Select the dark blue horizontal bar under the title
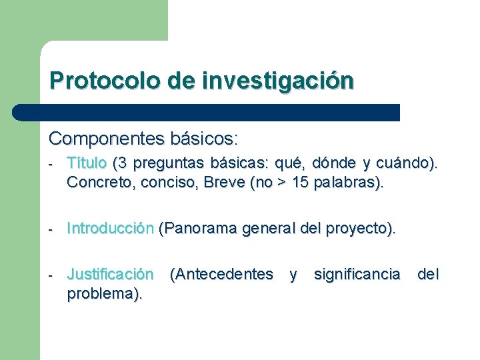point(207,112)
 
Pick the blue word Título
point(87,163)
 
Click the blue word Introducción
point(110,229)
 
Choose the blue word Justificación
point(110,274)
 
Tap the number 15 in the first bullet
point(301,183)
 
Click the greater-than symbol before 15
point(282,184)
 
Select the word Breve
point(222,183)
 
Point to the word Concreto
point(95,183)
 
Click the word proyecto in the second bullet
point(364,229)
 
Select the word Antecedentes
point(221,274)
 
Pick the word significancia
point(357,274)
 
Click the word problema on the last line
point(102,294)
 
